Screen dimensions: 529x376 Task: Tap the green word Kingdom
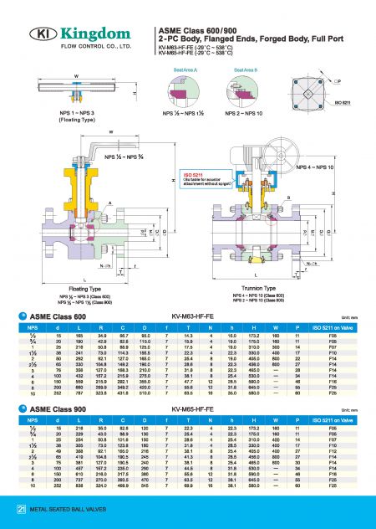point(89,34)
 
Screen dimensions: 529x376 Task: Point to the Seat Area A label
point(185,70)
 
